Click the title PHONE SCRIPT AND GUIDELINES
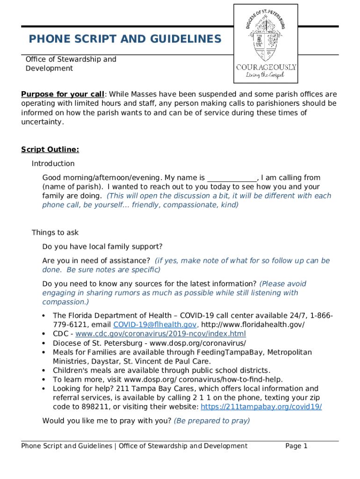125,39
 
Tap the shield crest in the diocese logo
266,45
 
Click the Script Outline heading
50,150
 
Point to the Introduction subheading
53,164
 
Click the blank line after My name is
232,178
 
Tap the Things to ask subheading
55,233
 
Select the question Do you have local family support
102,247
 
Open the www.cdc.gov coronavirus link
160,334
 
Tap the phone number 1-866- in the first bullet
320,316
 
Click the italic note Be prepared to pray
212,421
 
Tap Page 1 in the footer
296,446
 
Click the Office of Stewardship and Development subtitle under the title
71,64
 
